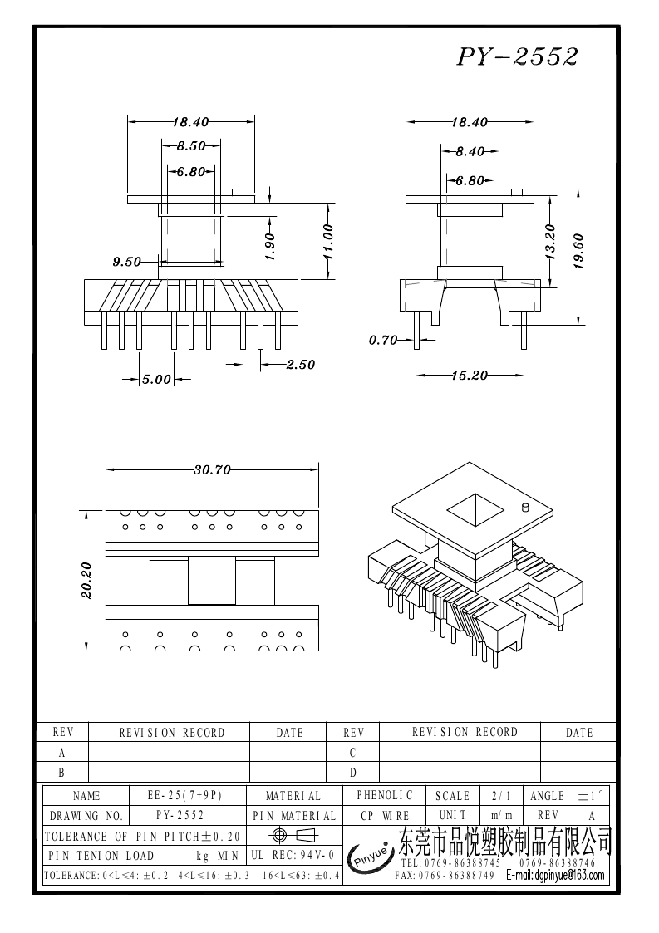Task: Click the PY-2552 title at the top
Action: pyautogui.click(x=518, y=56)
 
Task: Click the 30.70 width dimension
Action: pyautogui.click(x=212, y=469)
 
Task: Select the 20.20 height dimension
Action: pyautogui.click(x=86, y=580)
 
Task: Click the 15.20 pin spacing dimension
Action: pyautogui.click(x=469, y=375)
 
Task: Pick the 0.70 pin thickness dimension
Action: pyautogui.click(x=383, y=340)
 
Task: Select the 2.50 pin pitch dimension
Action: pyautogui.click(x=301, y=364)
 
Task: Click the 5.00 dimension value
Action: pyautogui.click(x=156, y=379)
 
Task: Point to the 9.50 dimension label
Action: pyautogui.click(x=127, y=261)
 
